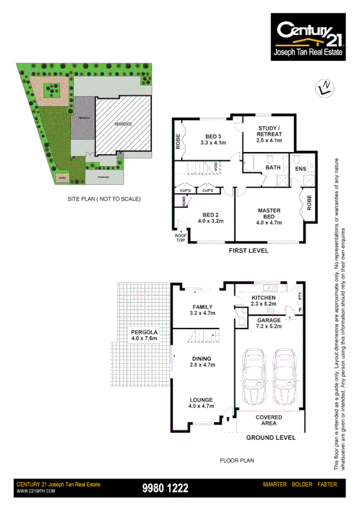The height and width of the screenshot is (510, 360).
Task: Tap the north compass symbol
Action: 325,88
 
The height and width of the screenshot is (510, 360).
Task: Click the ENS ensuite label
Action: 301,170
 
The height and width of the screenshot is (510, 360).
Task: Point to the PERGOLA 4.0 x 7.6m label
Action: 144,335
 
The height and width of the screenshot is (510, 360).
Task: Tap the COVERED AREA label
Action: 265,420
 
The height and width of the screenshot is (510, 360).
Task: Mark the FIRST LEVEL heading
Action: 248,250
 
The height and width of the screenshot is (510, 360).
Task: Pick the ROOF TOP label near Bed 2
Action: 180,236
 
